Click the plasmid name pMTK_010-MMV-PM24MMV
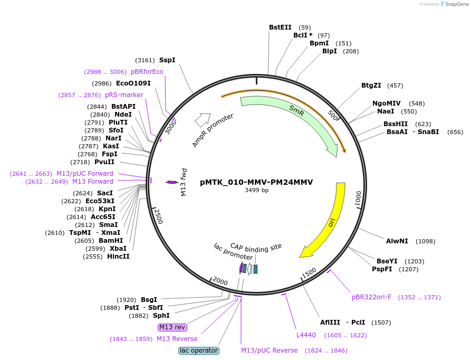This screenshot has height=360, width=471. point(256,182)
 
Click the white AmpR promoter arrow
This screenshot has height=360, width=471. point(203,120)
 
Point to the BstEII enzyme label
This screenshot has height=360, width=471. point(280,27)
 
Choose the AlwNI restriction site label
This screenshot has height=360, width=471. point(397,241)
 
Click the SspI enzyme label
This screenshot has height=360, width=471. point(167,60)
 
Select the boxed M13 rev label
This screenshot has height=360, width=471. point(172,327)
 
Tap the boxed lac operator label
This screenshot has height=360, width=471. point(199,350)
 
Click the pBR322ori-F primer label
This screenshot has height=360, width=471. point(371,297)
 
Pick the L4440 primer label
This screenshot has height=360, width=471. point(306,335)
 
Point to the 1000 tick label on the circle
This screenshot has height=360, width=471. point(358,198)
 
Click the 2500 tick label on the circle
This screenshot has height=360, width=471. point(158,216)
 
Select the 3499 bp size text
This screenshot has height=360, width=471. point(256,190)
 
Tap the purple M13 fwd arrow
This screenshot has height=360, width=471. point(172,182)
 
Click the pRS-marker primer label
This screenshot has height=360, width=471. point(124,95)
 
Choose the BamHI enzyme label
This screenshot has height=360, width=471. point(111,241)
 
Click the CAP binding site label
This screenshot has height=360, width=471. point(256,248)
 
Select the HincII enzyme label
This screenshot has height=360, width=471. point(118,257)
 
